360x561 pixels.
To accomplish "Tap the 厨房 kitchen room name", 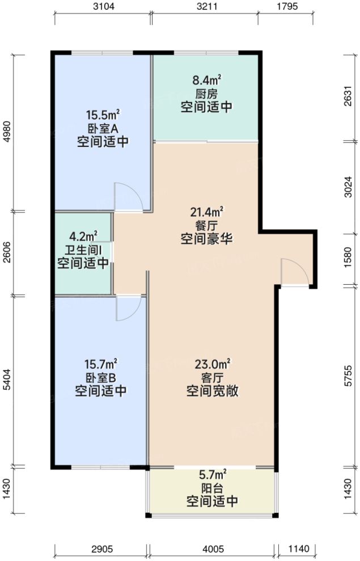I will pos(206,94).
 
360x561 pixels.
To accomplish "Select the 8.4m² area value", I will pos(206,81).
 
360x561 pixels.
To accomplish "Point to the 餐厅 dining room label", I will pos(206,226).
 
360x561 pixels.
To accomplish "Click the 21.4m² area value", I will pos(206,212).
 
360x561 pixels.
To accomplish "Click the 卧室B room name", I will pos(100,378).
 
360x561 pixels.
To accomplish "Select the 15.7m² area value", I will pos(100,364).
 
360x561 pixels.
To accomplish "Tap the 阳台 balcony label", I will pos(212,488).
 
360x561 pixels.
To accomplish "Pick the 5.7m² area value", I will pos(212,474).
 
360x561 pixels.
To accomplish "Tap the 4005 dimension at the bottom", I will pos(213,549).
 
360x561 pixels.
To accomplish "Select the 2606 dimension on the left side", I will pos(7,252).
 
